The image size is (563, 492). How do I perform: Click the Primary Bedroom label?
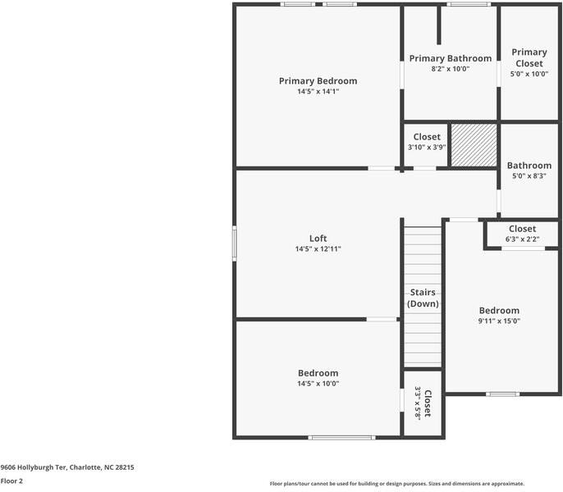pyautogui.click(x=318, y=81)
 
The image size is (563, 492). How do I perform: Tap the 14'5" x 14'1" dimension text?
pyautogui.click(x=318, y=92)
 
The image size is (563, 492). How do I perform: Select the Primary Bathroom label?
pyautogui.click(x=451, y=58)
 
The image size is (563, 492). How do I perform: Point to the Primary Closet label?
pyautogui.click(x=529, y=57)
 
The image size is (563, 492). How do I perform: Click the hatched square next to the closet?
pyautogui.click(x=474, y=145)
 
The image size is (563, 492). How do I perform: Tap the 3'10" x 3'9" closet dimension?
pyautogui.click(x=427, y=148)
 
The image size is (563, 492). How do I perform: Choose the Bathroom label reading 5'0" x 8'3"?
pyautogui.click(x=529, y=166)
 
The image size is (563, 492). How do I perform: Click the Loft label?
pyautogui.click(x=318, y=239)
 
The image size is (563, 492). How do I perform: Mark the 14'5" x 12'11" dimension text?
pyautogui.click(x=318, y=249)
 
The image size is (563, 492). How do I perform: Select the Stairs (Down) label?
pyautogui.click(x=423, y=298)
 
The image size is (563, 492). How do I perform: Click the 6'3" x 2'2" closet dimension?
pyautogui.click(x=522, y=239)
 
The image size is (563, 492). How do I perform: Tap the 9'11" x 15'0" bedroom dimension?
pyautogui.click(x=499, y=321)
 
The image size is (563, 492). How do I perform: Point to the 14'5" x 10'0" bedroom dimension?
pyautogui.click(x=318, y=384)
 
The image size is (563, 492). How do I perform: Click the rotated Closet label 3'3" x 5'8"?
pyautogui.click(x=423, y=403)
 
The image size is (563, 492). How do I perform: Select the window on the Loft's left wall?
pyautogui.click(x=234, y=244)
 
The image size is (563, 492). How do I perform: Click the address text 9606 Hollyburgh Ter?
pyautogui.click(x=67, y=467)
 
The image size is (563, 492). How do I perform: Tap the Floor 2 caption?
pyautogui.click(x=11, y=481)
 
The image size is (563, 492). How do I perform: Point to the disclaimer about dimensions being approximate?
pyautogui.click(x=396, y=484)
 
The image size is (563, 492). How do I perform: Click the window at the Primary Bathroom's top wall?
pyautogui.click(x=469, y=5)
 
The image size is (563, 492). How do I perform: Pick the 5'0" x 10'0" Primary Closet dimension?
pyautogui.click(x=529, y=74)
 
